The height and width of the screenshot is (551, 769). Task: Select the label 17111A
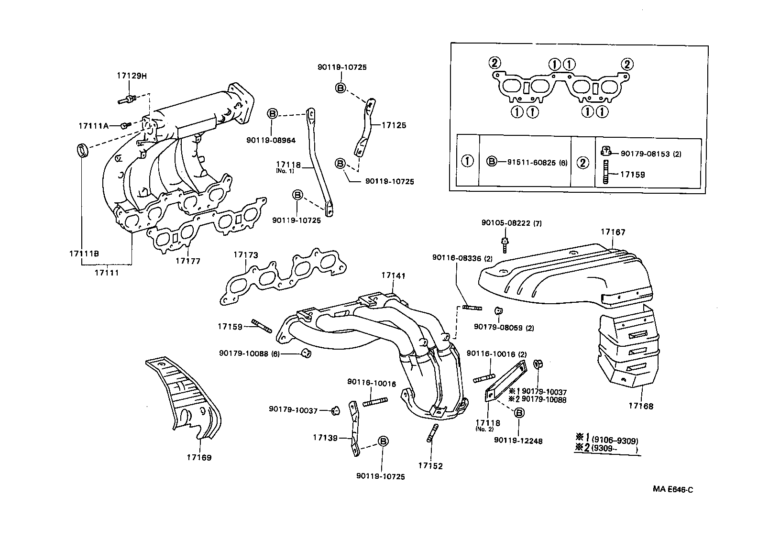point(94,126)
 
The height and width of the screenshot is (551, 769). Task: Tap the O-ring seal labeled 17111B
point(83,150)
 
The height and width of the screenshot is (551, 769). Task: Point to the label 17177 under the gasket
point(187,261)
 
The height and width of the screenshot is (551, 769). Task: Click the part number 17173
point(246,255)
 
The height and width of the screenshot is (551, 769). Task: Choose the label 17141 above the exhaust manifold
point(393,275)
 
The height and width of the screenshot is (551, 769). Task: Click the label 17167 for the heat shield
point(613,232)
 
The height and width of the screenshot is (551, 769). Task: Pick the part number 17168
point(641,407)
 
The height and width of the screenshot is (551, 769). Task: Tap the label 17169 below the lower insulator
point(199,457)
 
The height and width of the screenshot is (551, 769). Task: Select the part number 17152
point(430,465)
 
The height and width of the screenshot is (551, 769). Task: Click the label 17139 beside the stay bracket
point(326,438)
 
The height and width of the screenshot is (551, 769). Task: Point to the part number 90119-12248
point(518,441)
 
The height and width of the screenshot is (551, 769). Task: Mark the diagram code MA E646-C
point(672,490)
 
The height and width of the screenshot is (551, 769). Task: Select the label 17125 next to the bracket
point(394,126)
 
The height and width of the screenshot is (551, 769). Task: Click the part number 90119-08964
point(271,141)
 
